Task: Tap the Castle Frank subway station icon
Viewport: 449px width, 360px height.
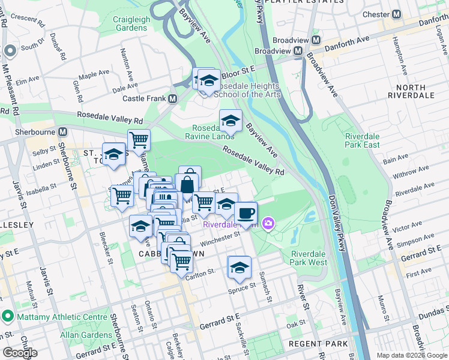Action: [173, 98]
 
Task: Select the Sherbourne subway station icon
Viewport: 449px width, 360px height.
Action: [62, 131]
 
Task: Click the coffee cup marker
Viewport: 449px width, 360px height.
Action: [246, 213]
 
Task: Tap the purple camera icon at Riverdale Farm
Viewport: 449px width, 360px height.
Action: [268, 224]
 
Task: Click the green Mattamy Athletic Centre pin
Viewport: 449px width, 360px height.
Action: [8, 315]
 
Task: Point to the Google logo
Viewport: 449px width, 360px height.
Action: [20, 352]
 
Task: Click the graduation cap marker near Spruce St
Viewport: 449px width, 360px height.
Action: [239, 267]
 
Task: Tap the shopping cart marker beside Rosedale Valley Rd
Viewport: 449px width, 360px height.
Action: [139, 140]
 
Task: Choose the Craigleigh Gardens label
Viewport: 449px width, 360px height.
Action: [131, 24]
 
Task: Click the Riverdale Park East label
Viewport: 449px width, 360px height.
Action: [362, 140]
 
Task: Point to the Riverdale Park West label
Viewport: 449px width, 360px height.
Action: [310, 258]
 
